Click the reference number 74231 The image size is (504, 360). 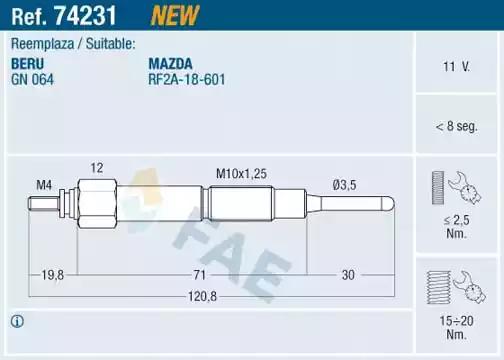pos(85,15)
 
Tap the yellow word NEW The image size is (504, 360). pos(175,15)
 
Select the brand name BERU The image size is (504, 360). pos(27,63)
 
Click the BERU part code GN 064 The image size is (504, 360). pos(32,80)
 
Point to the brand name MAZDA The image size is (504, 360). pos(170,63)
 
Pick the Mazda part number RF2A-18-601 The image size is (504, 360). pos(187,80)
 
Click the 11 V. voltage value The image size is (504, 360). pos(456,67)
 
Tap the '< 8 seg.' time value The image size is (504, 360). pos(456,126)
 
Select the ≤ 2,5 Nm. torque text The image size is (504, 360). pos(456,227)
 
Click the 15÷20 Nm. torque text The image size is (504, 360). pos(456,327)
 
